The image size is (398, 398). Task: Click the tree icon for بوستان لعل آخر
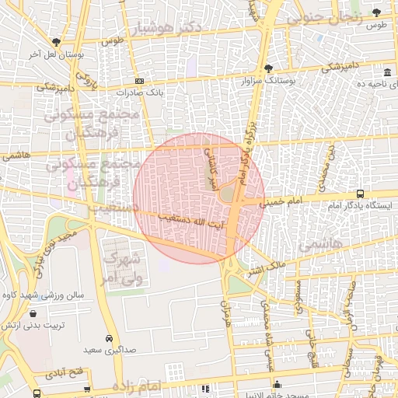pos(56,42)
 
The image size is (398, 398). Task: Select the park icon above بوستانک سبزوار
pos(268,68)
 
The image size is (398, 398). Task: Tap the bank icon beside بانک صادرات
pos(139,81)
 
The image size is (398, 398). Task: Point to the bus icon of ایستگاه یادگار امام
pos(360,193)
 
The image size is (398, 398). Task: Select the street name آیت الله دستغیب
pos(190,221)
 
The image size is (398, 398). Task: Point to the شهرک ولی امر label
pos(120,266)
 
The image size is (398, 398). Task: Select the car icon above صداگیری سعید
pos(110,339)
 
